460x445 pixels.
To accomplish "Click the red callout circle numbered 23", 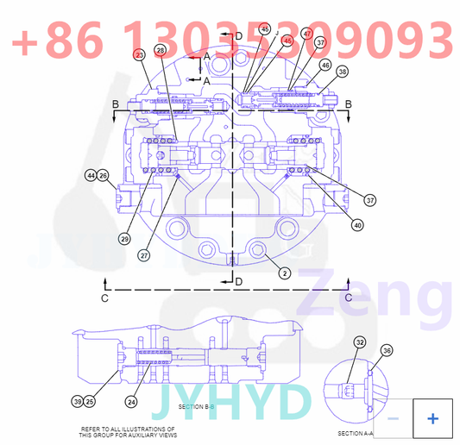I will pyautogui.click(x=140, y=53).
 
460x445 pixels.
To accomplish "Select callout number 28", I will pyautogui.click(x=161, y=52).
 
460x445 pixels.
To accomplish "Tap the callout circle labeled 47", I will pyautogui.click(x=307, y=34).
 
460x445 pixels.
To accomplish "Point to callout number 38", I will pyautogui.click(x=343, y=72).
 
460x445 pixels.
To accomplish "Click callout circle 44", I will pyautogui.click(x=91, y=176).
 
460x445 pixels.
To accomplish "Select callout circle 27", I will pyautogui.click(x=143, y=254).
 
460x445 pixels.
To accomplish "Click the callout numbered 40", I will pyautogui.click(x=356, y=226).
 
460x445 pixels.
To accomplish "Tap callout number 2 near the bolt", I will pyautogui.click(x=284, y=273).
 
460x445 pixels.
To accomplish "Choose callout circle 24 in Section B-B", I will pyautogui.click(x=131, y=401).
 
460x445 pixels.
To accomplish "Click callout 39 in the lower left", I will pyautogui.click(x=77, y=401).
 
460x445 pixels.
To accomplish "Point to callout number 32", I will pyautogui.click(x=360, y=342).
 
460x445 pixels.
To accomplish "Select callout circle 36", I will pyautogui.click(x=388, y=351).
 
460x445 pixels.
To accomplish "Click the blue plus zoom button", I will pyautogui.click(x=432, y=418).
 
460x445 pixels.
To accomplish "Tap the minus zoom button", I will pyautogui.click(x=393, y=418).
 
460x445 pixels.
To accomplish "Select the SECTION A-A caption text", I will pyautogui.click(x=355, y=433).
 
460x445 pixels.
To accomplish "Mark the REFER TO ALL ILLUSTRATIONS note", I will pyautogui.click(x=127, y=432).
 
